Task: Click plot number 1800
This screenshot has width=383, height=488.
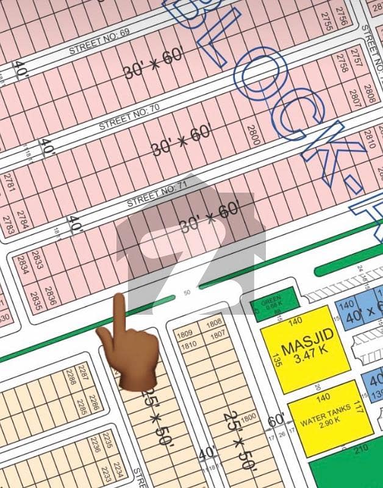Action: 247,418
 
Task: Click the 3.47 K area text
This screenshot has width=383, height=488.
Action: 308,357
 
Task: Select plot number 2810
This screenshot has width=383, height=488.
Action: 370,141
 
